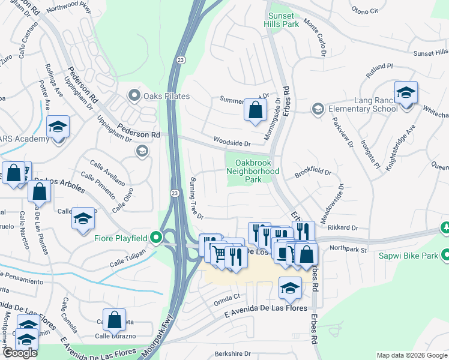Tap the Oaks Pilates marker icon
click(133, 95)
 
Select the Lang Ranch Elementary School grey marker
click(317, 109)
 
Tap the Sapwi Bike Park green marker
click(444, 254)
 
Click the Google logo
click(20, 352)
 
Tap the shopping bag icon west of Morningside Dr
click(255, 110)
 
